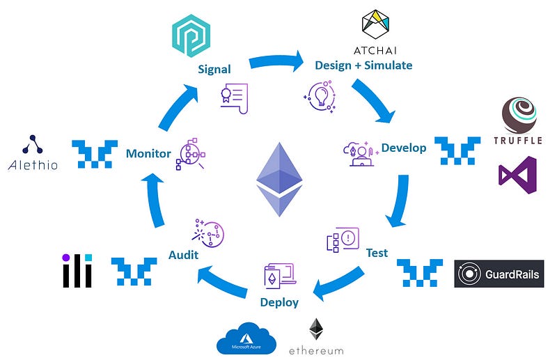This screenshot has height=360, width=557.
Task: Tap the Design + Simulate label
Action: [364, 65]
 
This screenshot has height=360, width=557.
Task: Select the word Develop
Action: [404, 148]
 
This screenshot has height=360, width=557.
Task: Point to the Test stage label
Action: [377, 252]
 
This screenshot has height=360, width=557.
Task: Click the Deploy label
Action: [279, 302]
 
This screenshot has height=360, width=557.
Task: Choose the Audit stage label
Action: [182, 255]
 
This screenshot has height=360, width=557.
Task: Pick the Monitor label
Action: [148, 153]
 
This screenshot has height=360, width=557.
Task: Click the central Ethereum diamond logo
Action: [278, 180]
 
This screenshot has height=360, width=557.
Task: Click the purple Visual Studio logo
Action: [517, 175]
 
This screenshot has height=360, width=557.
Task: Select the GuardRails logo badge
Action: [499, 274]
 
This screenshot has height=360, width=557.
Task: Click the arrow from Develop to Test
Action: [398, 202]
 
